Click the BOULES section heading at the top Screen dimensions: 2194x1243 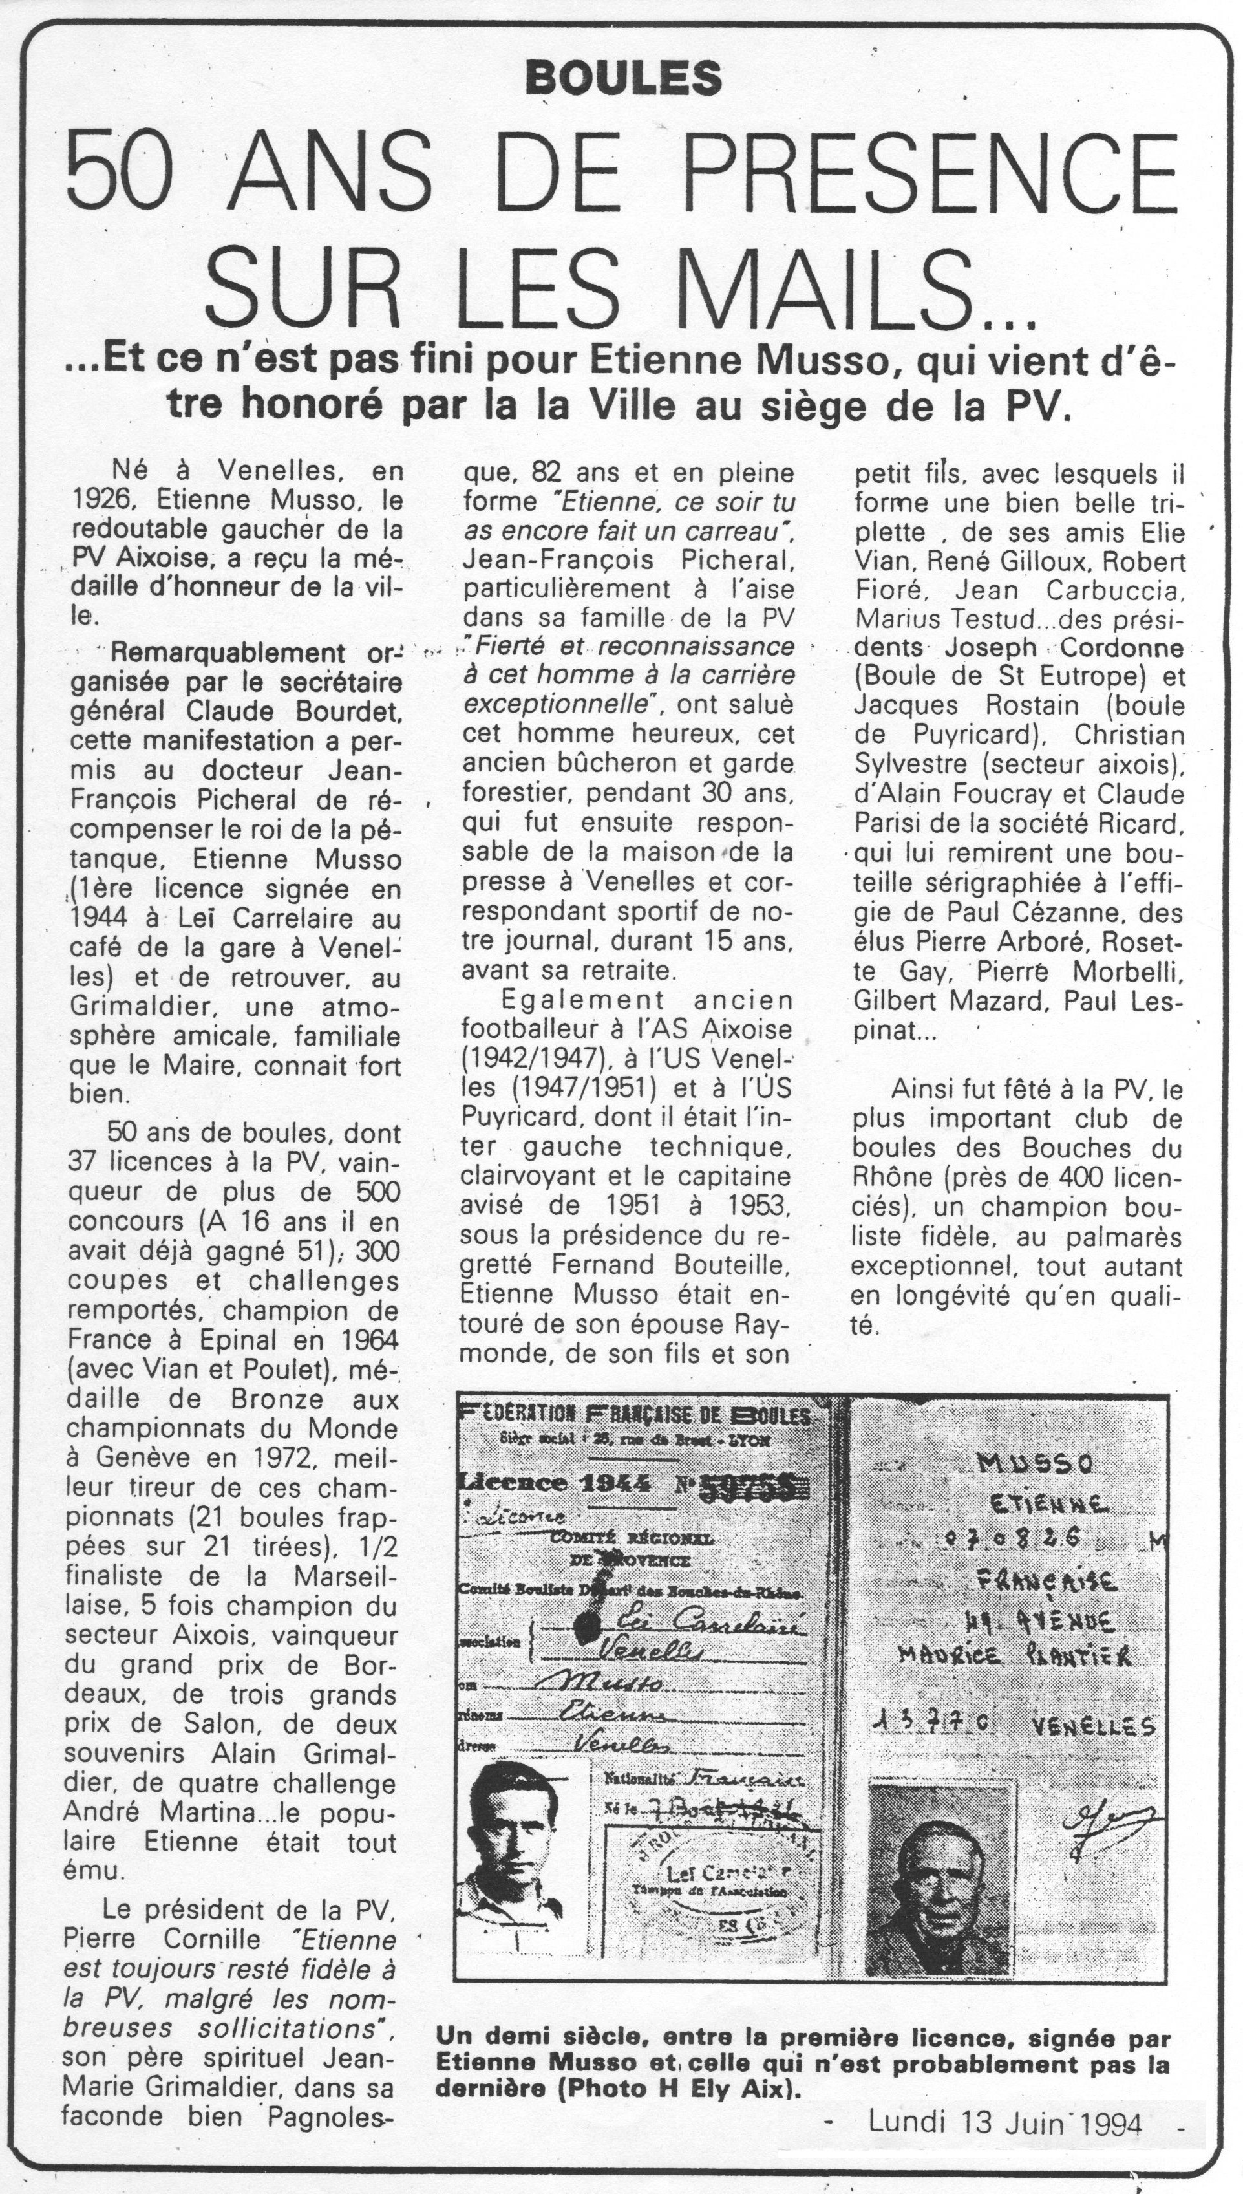tap(624, 79)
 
